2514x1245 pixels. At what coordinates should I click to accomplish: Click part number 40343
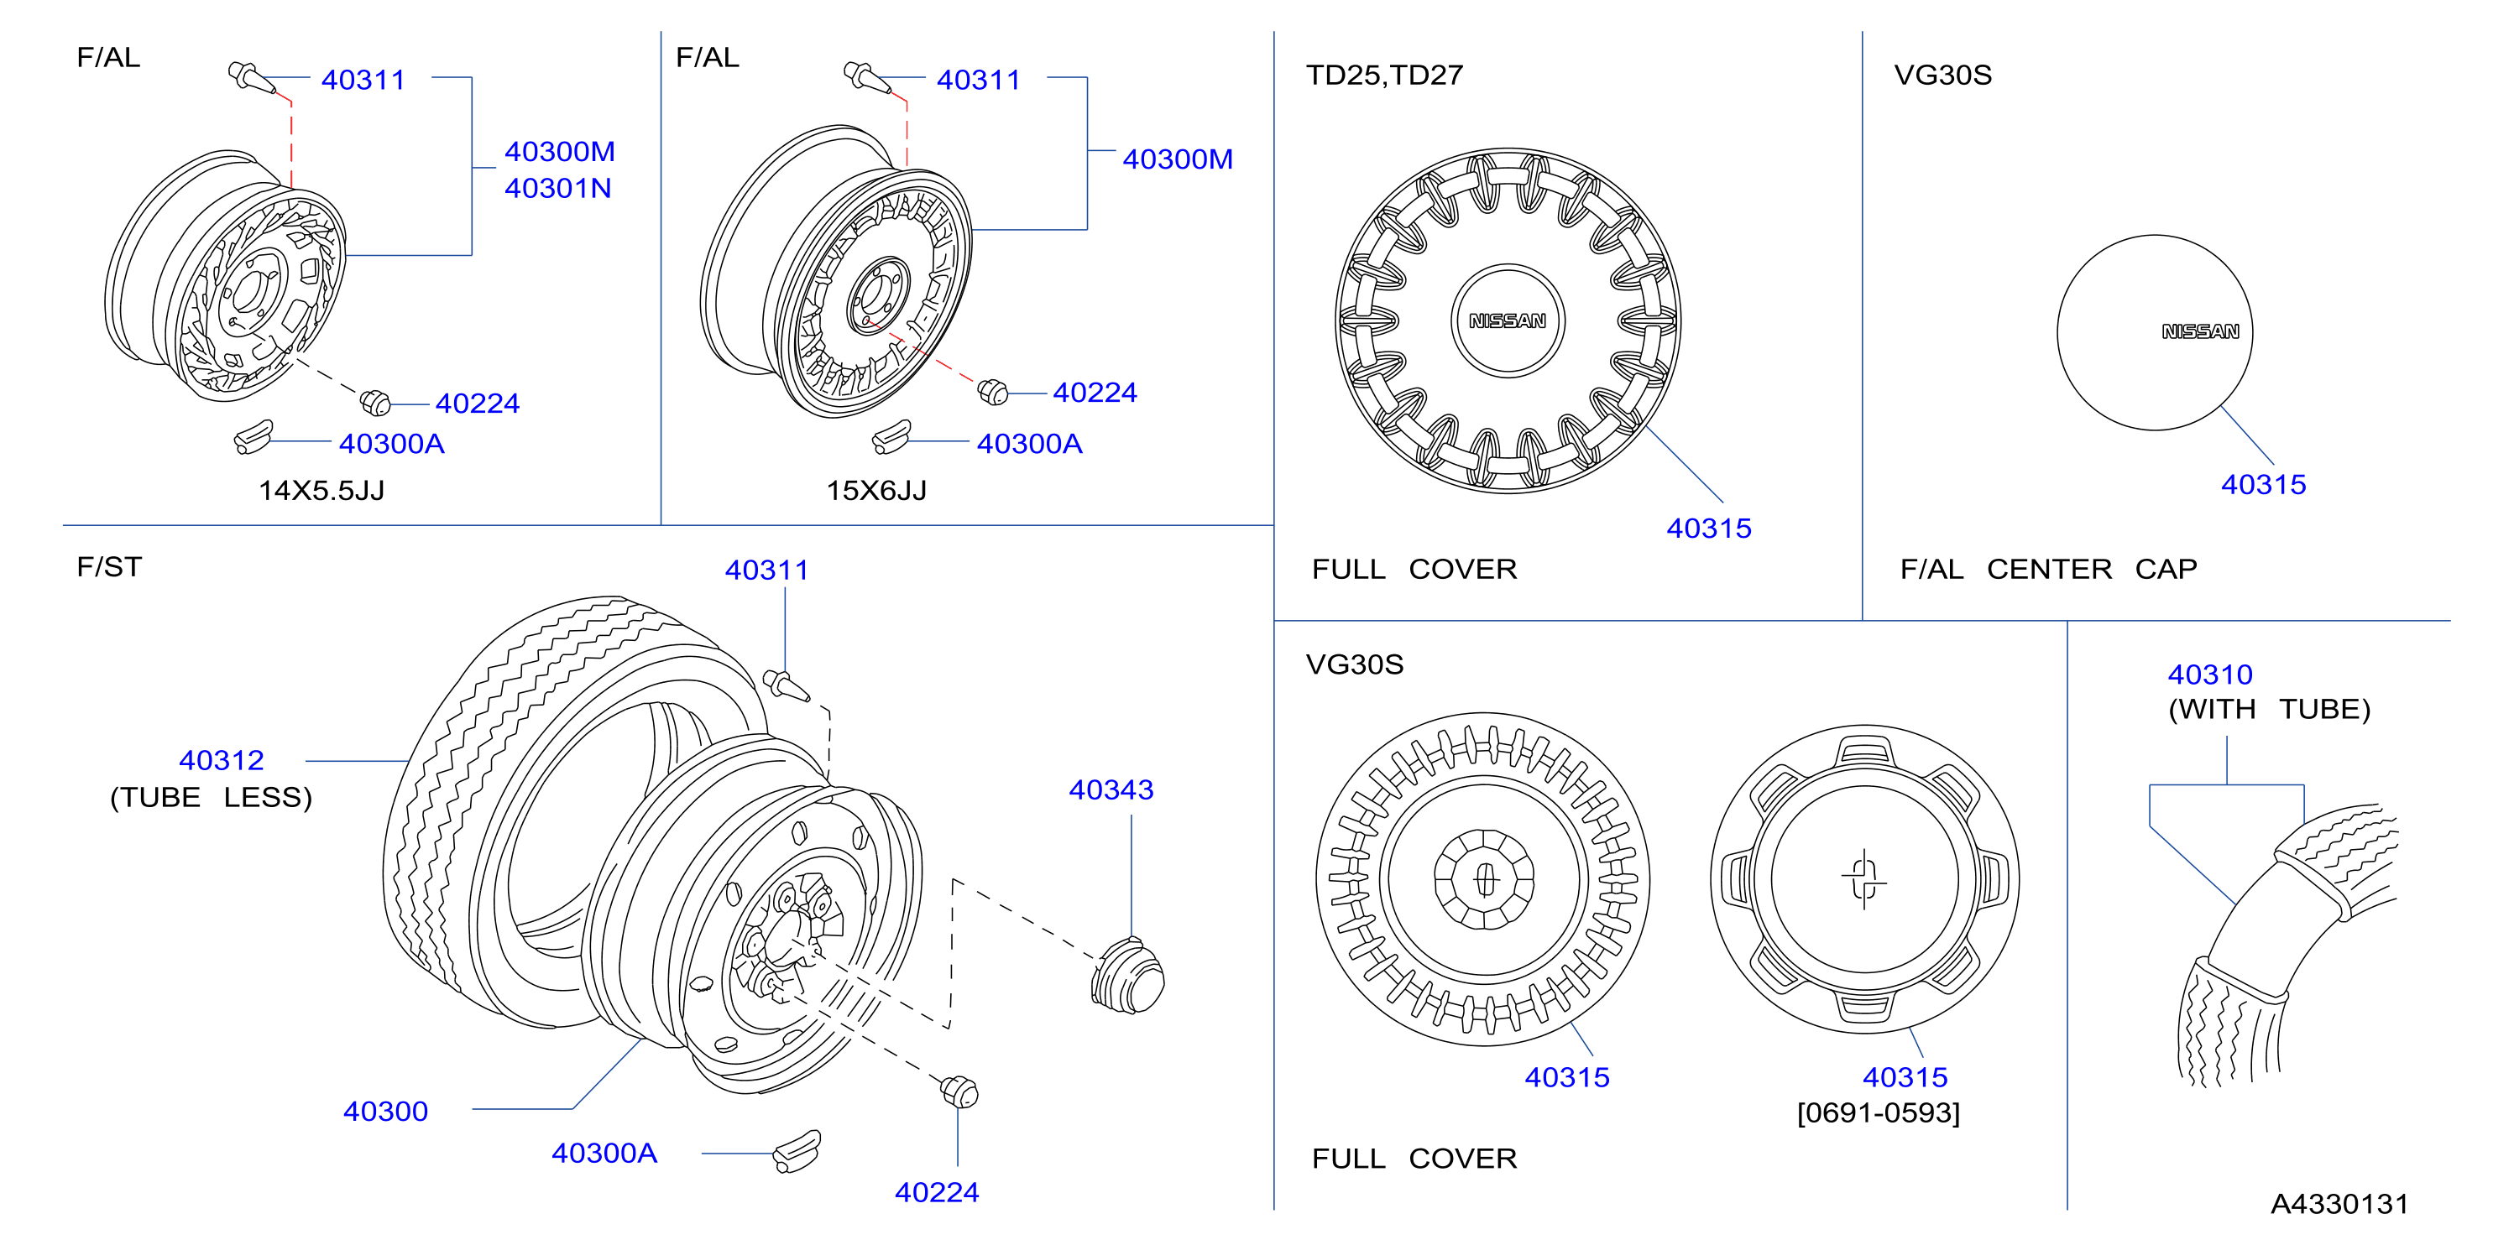coord(1111,789)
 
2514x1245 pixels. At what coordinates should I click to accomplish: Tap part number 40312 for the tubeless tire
coord(222,760)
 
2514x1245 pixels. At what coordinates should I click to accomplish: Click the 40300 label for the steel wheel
coord(385,1112)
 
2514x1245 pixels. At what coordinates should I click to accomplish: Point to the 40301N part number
coord(558,188)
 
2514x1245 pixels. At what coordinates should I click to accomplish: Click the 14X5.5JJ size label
coord(321,490)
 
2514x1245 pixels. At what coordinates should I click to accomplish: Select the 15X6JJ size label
coord(876,490)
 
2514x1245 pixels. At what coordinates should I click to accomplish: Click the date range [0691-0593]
coord(1879,1113)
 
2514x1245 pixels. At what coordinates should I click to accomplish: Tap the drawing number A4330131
coord(2339,1204)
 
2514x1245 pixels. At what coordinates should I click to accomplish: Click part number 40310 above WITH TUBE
coord(2209,675)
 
